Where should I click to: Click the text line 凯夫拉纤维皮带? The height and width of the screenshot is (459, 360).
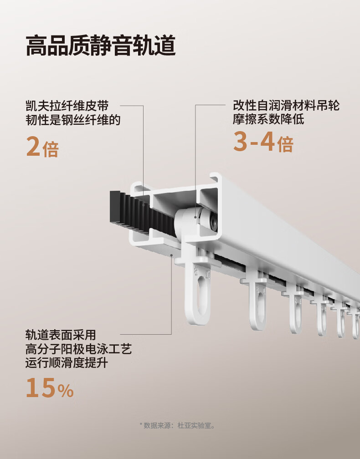pos(67,107)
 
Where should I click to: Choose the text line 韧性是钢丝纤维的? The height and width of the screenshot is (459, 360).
pos(73,121)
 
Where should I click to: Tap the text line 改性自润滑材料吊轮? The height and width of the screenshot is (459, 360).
pos(286,107)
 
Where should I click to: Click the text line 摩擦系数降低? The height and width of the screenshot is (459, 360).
pos(268,121)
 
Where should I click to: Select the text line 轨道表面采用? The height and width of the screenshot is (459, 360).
pos(61,336)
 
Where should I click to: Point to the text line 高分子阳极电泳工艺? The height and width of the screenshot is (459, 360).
pos(79,350)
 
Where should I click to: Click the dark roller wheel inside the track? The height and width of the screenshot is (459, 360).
pos(213,222)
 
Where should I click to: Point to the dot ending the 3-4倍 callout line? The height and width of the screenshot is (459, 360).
pos(195,217)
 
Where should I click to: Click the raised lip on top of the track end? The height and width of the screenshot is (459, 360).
pos(215,176)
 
